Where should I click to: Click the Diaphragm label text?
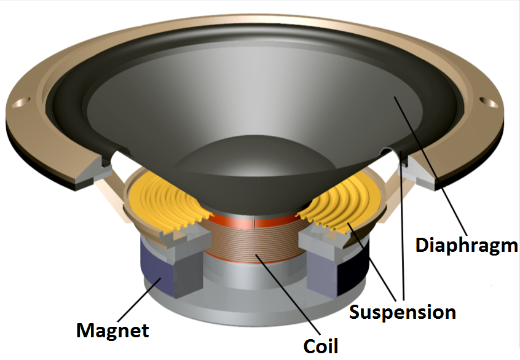click(x=467, y=245)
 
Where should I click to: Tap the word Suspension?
click(x=403, y=312)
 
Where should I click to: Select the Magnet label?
click(x=112, y=331)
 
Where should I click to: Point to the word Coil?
click(x=320, y=345)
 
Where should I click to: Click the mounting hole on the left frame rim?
click(x=24, y=100)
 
